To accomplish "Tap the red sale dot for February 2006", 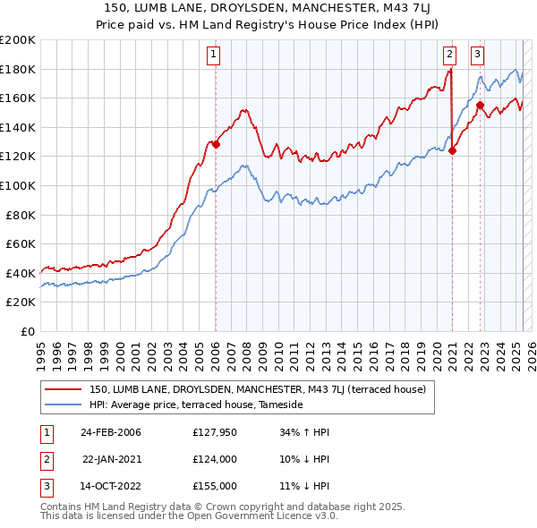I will click(216, 144).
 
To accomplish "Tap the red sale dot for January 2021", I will click(452, 150).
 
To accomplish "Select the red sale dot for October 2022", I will click(481, 105).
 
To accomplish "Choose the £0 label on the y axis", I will click(27, 331).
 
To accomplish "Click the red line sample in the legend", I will click(64, 389).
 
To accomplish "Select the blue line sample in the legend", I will click(64, 405).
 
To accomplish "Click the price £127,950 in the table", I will click(215, 432).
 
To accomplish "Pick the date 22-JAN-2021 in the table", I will click(111, 459).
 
